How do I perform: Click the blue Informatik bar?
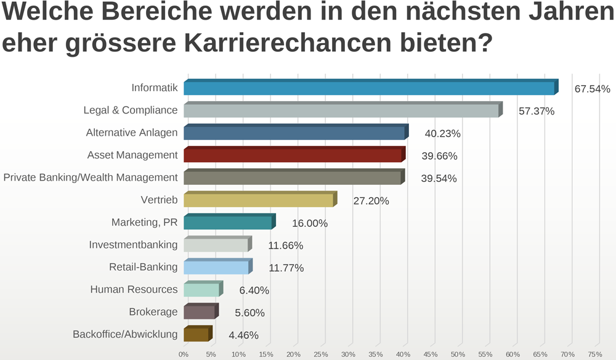(x=370, y=88)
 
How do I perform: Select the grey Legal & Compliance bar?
(x=342, y=110)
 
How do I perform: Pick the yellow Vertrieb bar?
(x=259, y=200)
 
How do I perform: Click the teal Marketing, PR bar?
(x=228, y=223)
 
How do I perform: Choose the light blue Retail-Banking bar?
(x=216, y=268)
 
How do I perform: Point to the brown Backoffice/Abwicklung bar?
(x=197, y=335)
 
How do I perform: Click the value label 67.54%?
(x=592, y=89)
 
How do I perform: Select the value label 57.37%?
(x=537, y=112)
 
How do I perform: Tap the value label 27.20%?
(x=371, y=201)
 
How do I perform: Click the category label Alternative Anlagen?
(x=132, y=133)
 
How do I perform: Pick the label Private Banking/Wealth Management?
(x=91, y=178)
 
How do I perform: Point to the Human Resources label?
(x=134, y=290)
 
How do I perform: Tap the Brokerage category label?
(x=153, y=312)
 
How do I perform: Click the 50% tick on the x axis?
(x=458, y=354)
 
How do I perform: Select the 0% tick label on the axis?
(x=184, y=354)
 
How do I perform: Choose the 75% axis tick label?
(x=595, y=354)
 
